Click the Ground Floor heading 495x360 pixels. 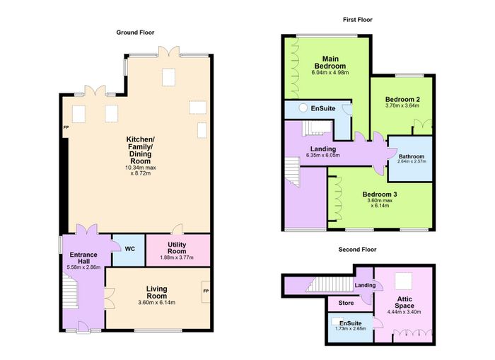135,33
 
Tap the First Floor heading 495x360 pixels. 358,20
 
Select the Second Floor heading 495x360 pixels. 357,250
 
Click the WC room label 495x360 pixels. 129,249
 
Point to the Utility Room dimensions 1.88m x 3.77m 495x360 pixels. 177,257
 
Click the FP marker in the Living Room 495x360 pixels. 206,291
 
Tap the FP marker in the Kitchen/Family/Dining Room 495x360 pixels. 66,127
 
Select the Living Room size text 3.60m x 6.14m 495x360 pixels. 156,303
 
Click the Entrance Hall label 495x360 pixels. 83,258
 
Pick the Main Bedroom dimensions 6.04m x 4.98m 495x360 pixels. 330,72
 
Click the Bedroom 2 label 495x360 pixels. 402,100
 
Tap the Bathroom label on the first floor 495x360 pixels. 412,156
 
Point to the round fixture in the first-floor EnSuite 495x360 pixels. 303,108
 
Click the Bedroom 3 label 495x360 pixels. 380,194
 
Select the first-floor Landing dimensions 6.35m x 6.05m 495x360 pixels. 323,156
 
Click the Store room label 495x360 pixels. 346,303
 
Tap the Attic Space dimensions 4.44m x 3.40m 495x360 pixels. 404,312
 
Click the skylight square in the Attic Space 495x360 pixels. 404,281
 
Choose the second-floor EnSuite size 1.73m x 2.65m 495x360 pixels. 351,328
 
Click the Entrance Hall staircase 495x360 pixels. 70,291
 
